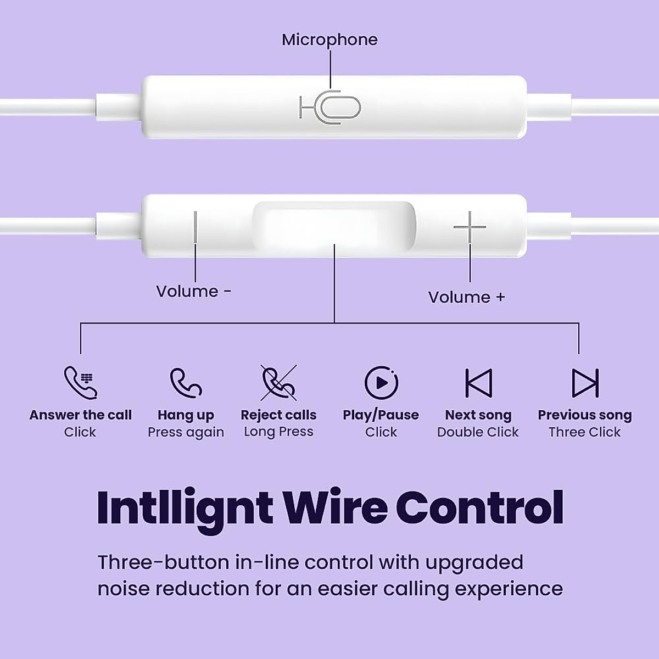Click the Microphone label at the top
329,40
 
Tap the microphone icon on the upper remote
330,107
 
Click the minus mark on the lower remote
196,226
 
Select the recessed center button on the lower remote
334,225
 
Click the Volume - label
193,291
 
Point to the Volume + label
466,297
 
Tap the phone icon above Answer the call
80,382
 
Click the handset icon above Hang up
186,382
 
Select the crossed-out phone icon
278,382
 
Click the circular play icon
381,382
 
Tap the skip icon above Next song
478,382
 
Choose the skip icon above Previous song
585,382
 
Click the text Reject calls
278,415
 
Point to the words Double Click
478,432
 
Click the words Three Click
584,432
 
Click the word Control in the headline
479,507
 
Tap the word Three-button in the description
163,562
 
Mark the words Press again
186,432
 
